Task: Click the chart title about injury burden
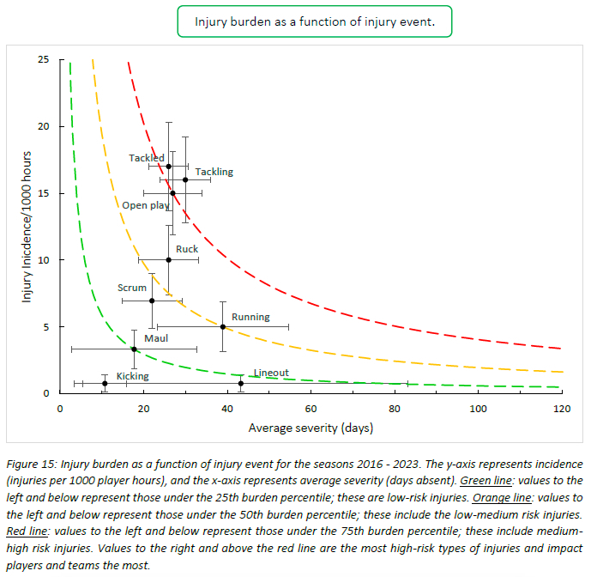coord(314,22)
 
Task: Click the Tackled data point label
coord(147,158)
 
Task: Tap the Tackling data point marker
coord(185,179)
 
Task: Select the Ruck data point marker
coord(169,259)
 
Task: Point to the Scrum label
coord(132,288)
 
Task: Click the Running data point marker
coord(223,326)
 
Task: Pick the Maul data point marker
coord(134,349)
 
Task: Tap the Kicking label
coord(132,376)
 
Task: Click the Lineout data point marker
coord(241,383)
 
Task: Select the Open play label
coord(145,205)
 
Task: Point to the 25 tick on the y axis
coord(43,59)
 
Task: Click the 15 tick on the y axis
coord(43,193)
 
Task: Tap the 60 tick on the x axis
coord(311,407)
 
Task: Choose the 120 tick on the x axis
coord(562,407)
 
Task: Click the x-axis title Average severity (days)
coord(311,427)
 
